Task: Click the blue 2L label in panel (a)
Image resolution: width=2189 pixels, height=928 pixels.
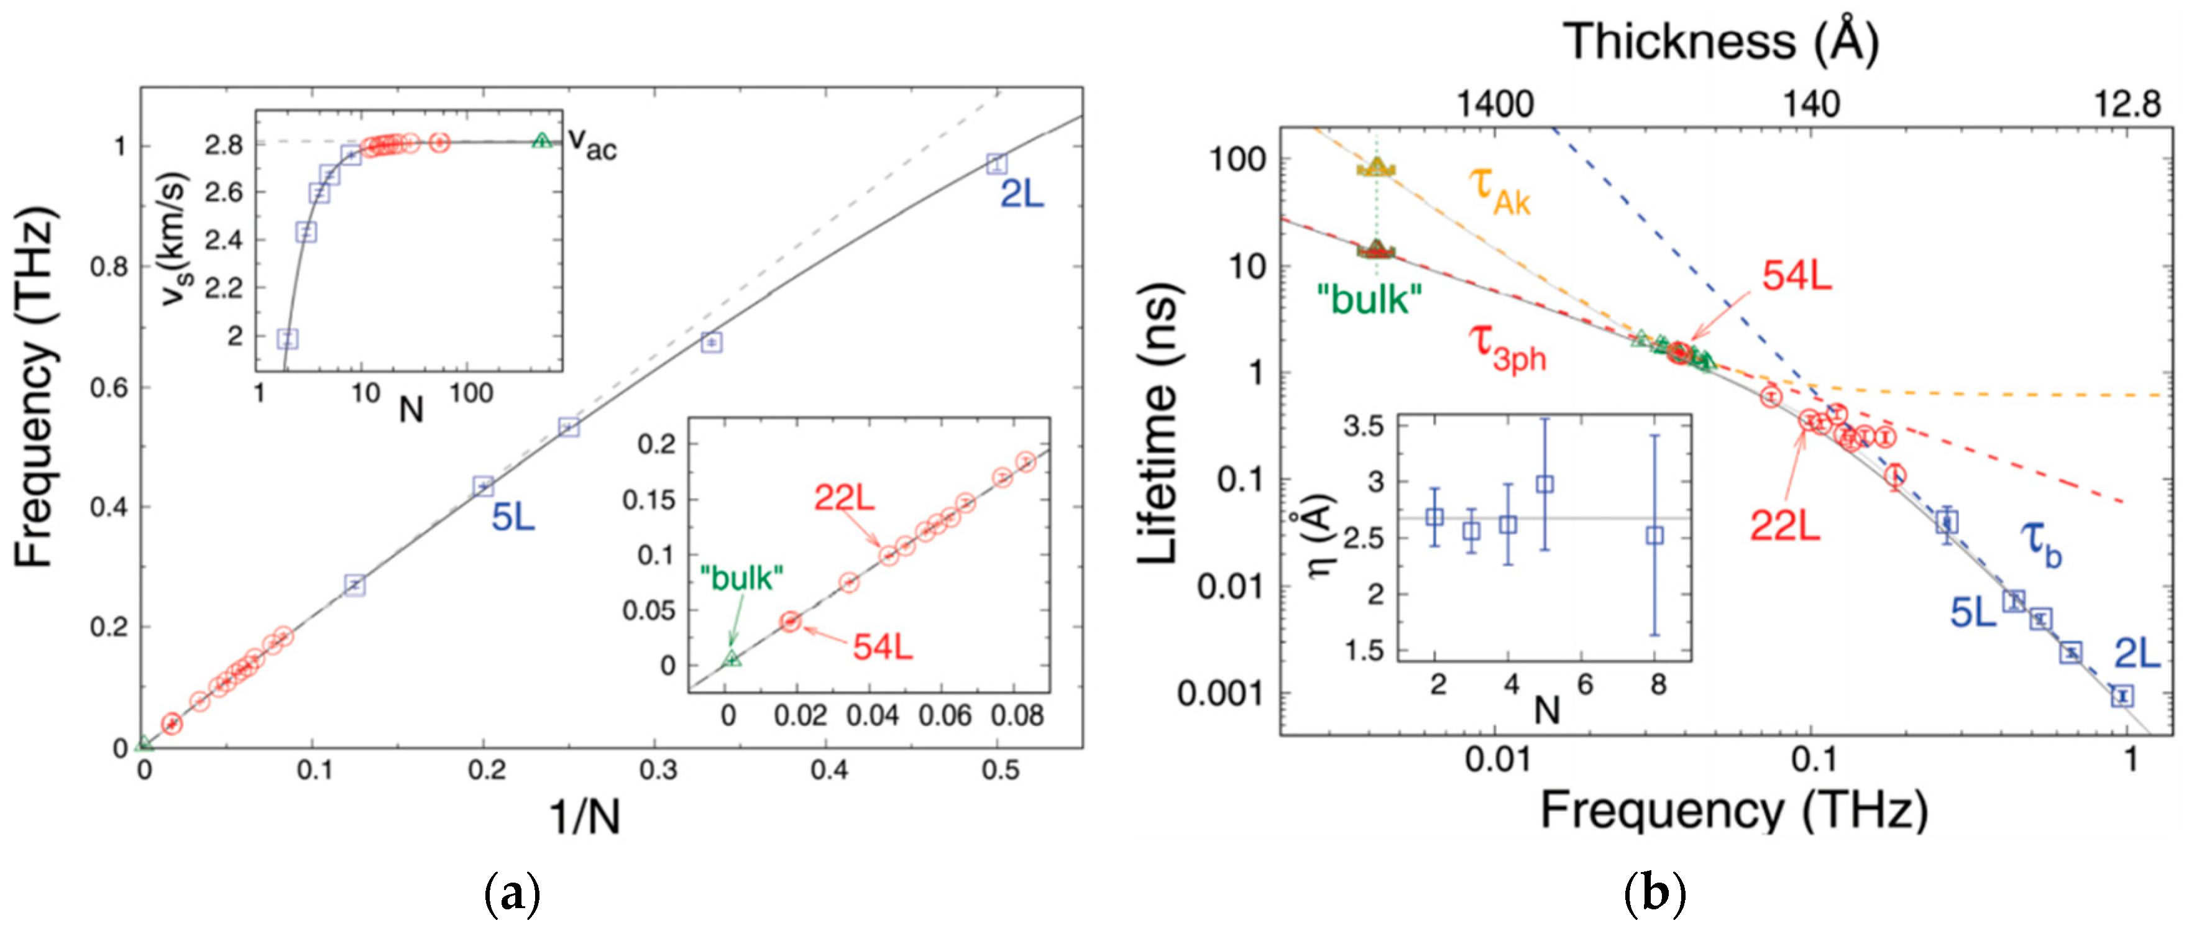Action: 1021,195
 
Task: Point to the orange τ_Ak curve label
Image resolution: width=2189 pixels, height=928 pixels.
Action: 1500,190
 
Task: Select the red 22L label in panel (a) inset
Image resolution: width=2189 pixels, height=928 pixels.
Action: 844,497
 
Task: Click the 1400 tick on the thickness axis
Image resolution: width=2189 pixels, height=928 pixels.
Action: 1495,104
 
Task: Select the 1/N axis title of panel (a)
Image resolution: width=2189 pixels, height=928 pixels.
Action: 585,817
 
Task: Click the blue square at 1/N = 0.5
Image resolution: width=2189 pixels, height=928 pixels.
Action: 997,163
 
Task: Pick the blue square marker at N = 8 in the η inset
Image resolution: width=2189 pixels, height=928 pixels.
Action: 1654,535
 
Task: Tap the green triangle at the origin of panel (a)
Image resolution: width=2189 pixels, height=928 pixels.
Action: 144,745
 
